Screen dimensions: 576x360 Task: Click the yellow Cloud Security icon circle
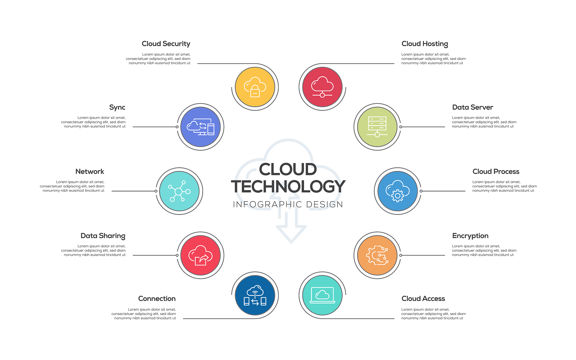[x=255, y=87]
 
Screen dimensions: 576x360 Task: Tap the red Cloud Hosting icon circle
[x=322, y=87]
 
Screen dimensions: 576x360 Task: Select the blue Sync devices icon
[x=201, y=127]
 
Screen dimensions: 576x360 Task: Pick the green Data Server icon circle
[x=377, y=127]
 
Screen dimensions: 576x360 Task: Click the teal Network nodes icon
[x=179, y=191]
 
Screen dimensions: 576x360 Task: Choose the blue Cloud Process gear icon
[x=398, y=191]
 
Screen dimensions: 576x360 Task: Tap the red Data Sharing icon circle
[x=201, y=255]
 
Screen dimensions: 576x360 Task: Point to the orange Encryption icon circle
[x=377, y=255]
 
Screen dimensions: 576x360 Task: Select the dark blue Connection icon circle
[x=255, y=295]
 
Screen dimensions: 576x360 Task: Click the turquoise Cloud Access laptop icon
[x=322, y=295]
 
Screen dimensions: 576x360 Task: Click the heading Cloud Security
[x=166, y=44]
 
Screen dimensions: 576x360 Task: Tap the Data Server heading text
[x=472, y=107]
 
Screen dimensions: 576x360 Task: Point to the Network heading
[x=90, y=171]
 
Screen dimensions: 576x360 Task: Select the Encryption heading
[x=470, y=236]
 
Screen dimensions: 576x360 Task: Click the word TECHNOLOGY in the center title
[x=288, y=186]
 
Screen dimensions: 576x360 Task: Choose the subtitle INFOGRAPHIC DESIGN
[x=288, y=204]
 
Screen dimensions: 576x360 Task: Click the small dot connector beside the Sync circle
[x=177, y=127]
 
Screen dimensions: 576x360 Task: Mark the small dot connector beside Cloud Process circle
[x=421, y=191]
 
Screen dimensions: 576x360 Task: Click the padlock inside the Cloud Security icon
[x=255, y=91]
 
